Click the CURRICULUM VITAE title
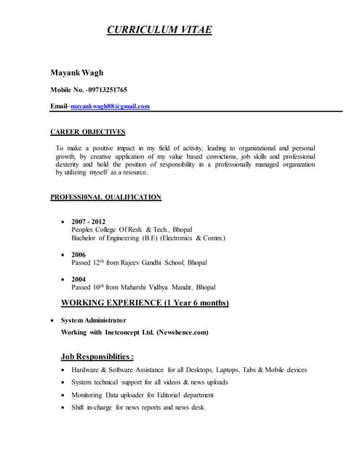tap(159, 31)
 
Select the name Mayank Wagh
tap(76, 73)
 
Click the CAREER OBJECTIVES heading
tap(87, 132)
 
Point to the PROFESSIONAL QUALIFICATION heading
tap(105, 197)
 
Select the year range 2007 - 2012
tap(88, 221)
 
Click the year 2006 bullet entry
tap(79, 255)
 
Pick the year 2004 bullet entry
tap(79, 279)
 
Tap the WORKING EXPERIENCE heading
tap(145, 302)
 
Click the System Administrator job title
tap(93, 320)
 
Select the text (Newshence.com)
tap(182, 332)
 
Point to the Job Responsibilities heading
tap(97, 357)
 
